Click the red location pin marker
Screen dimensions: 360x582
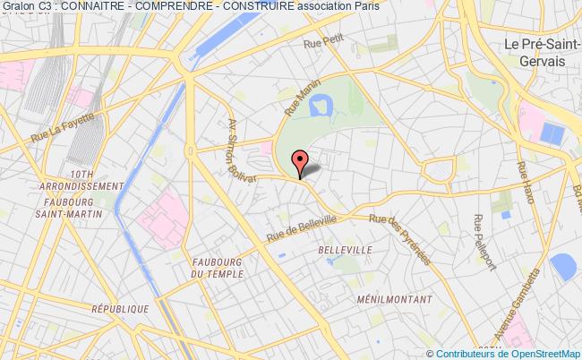[x=299, y=162]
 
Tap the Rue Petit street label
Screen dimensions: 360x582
[x=323, y=42]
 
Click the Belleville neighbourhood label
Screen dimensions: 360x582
[x=344, y=252]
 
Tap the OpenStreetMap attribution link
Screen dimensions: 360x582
[x=534, y=353]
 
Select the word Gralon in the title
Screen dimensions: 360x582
[x=17, y=6]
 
